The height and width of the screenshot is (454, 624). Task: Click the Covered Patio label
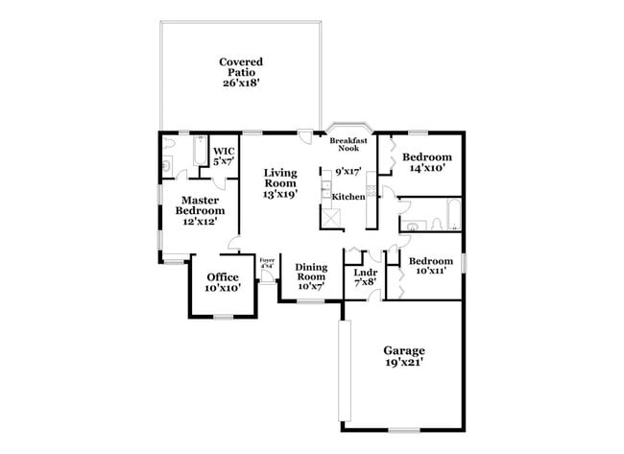[240, 66]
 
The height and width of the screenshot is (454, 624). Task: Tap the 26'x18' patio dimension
[240, 84]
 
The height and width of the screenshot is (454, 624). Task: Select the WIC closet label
[224, 152]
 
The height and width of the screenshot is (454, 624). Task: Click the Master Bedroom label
[201, 205]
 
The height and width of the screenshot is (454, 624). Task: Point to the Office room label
[223, 277]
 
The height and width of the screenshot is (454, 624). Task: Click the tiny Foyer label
[267, 260]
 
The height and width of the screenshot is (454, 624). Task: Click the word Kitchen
[348, 196]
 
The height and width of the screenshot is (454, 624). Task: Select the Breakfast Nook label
[349, 145]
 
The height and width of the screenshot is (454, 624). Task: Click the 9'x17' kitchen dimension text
[348, 172]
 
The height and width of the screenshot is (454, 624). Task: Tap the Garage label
[404, 350]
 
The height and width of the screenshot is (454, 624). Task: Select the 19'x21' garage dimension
[404, 363]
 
